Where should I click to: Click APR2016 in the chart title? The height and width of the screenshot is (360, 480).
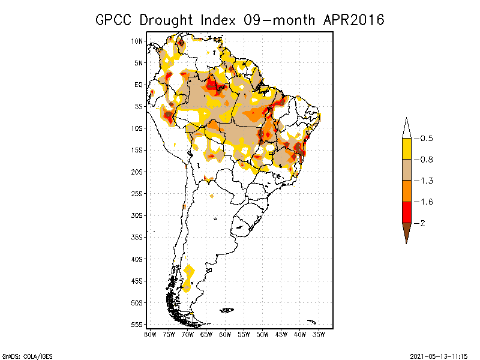click(353, 20)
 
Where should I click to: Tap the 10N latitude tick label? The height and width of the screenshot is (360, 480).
click(137, 41)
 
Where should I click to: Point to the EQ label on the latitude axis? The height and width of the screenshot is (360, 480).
click(138, 85)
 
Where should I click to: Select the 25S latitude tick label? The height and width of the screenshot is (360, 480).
click(137, 193)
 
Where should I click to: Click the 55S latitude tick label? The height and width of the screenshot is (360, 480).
click(137, 324)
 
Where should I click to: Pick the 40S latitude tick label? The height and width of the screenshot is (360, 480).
click(137, 259)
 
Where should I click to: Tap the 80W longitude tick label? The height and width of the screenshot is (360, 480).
click(150, 334)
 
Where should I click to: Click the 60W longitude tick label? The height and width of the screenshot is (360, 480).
click(225, 334)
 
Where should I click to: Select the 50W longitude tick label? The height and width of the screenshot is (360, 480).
click(262, 334)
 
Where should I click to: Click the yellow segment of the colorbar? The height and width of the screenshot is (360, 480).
click(406, 149)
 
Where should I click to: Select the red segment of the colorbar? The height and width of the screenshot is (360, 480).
click(406, 212)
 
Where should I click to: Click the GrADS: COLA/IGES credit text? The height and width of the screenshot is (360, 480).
click(23, 355)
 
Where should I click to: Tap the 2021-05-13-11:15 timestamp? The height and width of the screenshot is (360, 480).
click(439, 355)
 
